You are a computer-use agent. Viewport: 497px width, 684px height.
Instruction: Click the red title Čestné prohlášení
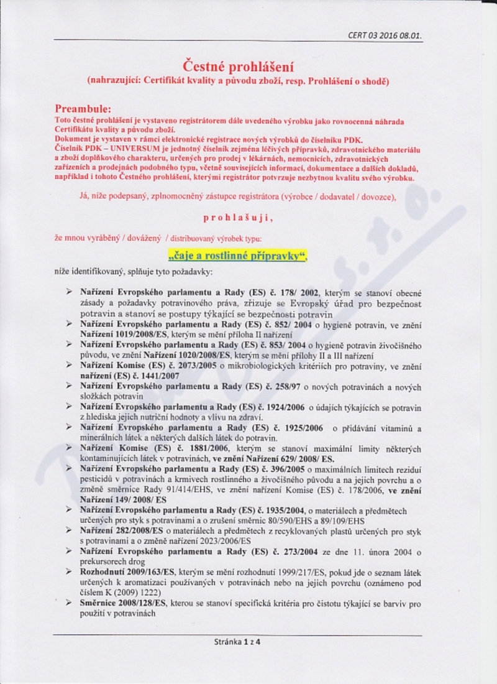[x=238, y=66]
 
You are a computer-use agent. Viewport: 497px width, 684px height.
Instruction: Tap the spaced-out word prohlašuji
[x=238, y=218]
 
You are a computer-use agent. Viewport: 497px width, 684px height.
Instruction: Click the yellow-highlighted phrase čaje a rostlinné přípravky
[x=238, y=256]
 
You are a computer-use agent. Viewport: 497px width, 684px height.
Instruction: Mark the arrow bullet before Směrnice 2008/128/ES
[x=70, y=603]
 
